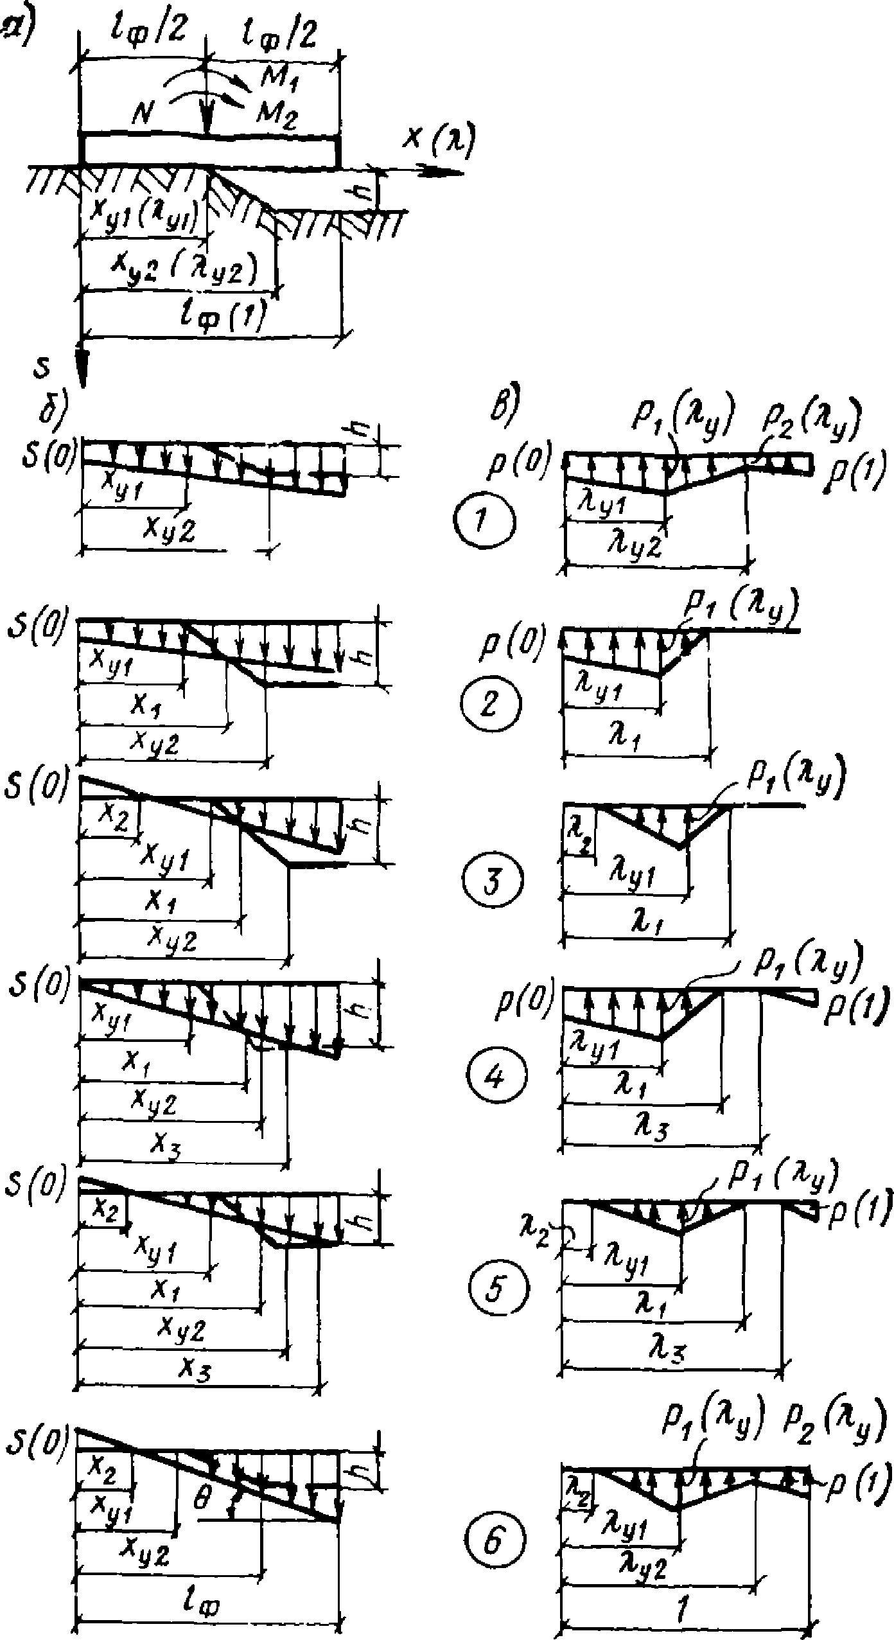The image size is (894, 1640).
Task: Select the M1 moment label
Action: [279, 76]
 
